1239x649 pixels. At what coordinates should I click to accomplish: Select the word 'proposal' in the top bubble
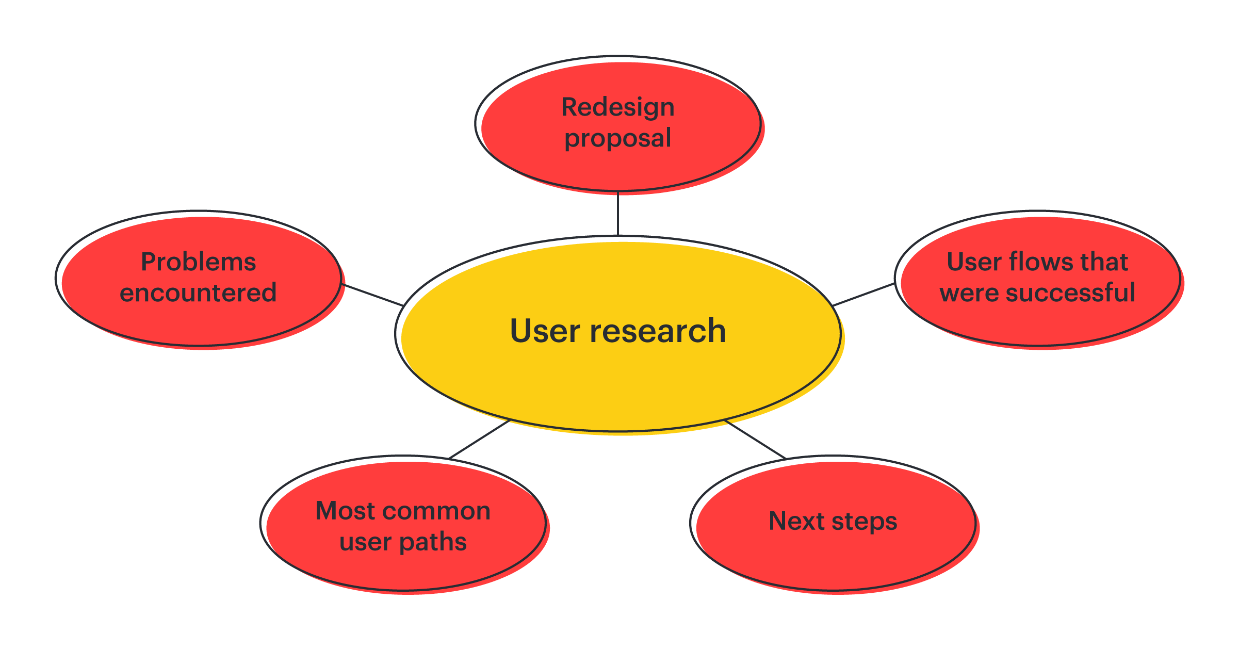617,138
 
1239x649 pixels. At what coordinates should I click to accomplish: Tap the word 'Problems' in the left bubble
198,262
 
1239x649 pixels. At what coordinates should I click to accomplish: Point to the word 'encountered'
198,293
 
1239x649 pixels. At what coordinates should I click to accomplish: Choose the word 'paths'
433,542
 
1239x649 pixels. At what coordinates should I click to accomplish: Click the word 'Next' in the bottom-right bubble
796,521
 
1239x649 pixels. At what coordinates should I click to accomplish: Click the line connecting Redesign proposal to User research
617,214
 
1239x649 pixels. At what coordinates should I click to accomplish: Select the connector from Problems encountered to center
372,295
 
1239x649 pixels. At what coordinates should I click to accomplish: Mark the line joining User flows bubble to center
863,295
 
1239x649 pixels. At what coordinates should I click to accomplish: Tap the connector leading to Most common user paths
479,439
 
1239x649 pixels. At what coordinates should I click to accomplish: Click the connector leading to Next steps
755,439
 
